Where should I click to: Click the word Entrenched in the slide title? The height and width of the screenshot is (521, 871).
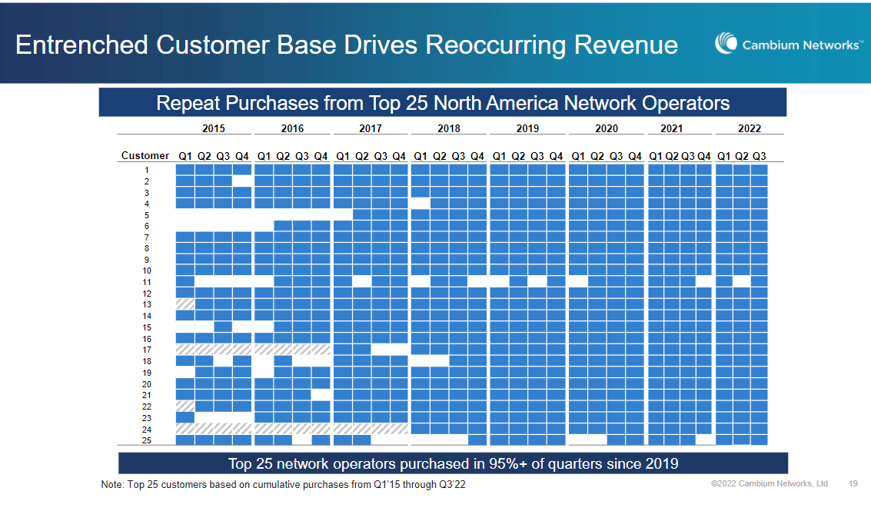point(81,45)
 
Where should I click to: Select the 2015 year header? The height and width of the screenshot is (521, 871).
point(214,128)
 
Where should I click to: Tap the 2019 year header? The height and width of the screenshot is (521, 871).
point(527,128)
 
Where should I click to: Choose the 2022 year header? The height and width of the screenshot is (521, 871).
point(749,128)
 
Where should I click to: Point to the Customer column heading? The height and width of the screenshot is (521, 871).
point(145,156)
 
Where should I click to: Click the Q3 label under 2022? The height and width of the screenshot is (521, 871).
point(759,156)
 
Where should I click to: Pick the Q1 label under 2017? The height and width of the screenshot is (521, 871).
point(343,156)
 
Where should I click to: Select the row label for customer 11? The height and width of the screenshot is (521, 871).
point(146,282)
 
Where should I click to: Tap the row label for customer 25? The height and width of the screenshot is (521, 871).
point(146,440)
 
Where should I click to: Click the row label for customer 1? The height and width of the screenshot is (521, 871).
point(146,170)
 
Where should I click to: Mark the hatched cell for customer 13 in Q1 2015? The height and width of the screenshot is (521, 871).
point(185,304)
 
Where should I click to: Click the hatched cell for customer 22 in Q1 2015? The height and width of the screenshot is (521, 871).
point(185,406)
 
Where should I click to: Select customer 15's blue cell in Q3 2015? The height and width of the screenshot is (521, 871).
point(223,327)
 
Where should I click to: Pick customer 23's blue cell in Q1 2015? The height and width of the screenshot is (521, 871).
point(185,417)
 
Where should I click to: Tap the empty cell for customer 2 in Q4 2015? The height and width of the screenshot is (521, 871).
point(242,181)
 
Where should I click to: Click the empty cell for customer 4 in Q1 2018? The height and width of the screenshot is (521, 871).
point(421,204)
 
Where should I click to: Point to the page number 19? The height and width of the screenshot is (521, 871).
point(853,484)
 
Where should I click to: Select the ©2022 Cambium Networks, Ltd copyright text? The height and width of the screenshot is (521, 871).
point(770,484)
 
